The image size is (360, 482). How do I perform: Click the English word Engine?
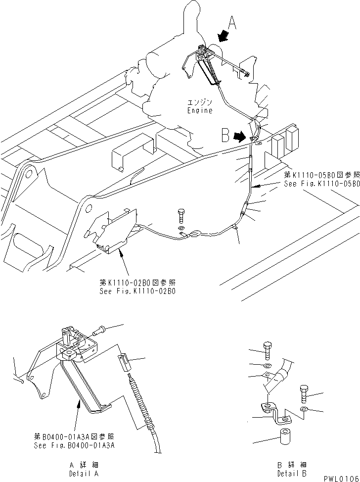(x=199, y=110)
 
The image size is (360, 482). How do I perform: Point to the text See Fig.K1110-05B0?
(x=321, y=183)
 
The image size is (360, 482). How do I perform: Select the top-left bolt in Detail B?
(x=268, y=350)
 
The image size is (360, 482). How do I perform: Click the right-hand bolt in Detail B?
(x=303, y=394)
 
